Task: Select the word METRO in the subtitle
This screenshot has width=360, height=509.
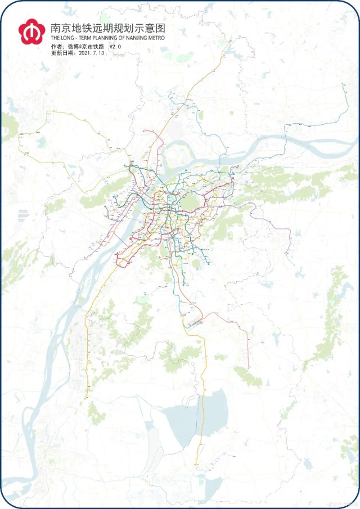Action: tap(155, 38)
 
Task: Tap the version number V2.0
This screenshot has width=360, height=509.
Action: tap(115, 46)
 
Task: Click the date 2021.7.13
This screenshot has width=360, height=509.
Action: tap(93, 53)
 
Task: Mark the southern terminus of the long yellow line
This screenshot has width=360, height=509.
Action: tap(196, 465)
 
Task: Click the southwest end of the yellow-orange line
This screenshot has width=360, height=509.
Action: tap(85, 398)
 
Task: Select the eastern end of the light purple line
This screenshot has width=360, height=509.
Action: tap(291, 264)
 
